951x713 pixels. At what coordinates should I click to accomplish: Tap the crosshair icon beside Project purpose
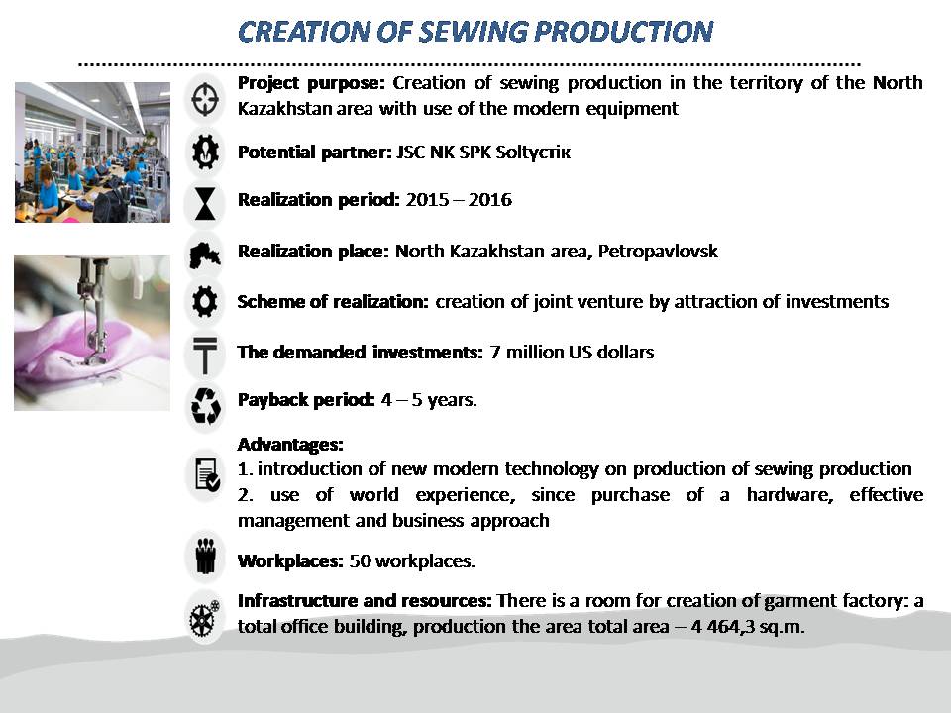click(205, 98)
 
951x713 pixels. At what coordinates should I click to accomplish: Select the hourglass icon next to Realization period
click(205, 203)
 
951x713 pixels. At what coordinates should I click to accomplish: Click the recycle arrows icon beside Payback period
click(205, 405)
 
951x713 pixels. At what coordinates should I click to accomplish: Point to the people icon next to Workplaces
click(206, 555)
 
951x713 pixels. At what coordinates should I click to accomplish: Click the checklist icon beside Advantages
click(207, 474)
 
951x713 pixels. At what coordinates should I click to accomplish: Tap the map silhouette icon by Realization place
click(204, 255)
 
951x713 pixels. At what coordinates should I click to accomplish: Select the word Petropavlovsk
click(658, 251)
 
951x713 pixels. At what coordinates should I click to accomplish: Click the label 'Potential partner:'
click(315, 153)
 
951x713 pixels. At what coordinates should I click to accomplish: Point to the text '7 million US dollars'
click(572, 353)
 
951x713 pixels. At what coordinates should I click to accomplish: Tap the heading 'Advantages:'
click(290, 445)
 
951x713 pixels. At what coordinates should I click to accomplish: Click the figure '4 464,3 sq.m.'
click(748, 626)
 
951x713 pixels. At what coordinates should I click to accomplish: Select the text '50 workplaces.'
click(412, 560)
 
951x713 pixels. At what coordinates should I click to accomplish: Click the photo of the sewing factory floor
click(92, 153)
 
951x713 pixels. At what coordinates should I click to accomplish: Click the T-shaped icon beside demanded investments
click(205, 355)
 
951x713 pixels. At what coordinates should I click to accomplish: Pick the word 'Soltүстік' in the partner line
click(533, 153)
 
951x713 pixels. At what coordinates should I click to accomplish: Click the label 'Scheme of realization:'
click(333, 301)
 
